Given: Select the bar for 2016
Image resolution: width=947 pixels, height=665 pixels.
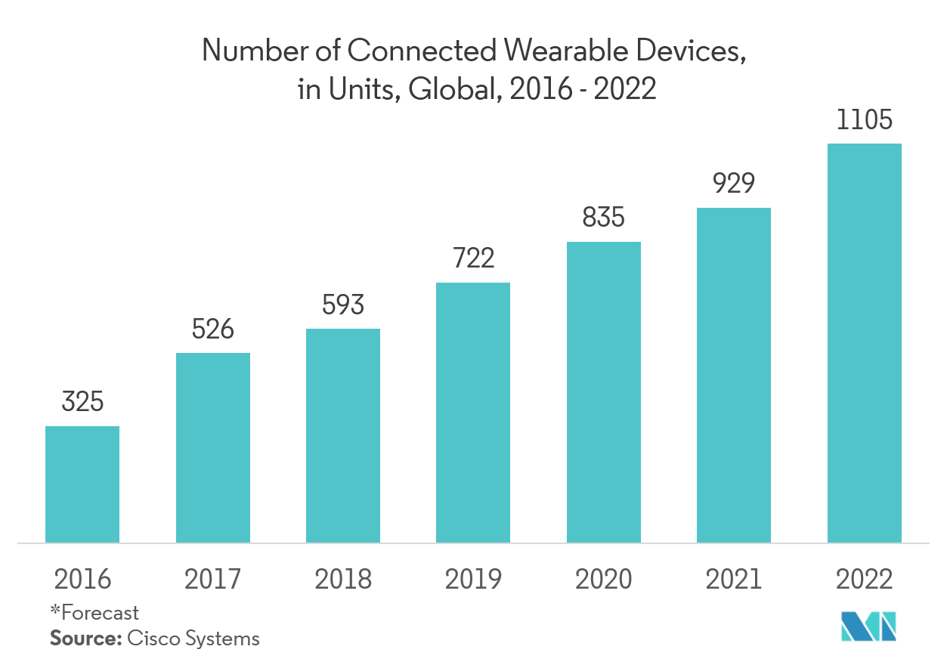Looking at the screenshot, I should (82, 484).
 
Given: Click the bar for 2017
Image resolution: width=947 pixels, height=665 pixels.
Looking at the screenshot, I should (213, 447).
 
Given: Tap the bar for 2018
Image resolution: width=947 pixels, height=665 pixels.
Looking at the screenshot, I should (343, 435).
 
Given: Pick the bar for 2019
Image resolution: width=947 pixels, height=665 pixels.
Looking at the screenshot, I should (473, 413).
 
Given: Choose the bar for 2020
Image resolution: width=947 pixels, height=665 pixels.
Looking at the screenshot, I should (604, 392).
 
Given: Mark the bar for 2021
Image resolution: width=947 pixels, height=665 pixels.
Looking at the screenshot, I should (734, 375).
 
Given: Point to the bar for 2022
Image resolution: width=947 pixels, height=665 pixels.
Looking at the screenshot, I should (865, 343).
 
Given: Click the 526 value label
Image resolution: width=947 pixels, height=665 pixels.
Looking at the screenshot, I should (213, 329).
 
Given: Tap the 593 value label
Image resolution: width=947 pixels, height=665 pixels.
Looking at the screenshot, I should (343, 305).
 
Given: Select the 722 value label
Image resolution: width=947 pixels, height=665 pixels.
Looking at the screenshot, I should (473, 259).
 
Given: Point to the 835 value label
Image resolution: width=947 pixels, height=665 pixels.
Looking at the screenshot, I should (604, 218).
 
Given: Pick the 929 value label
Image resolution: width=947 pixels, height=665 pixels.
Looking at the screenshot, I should (734, 184).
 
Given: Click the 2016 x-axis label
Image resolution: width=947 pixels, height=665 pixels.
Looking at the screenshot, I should (82, 580).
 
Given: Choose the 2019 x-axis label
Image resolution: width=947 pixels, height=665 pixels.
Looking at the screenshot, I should (473, 580).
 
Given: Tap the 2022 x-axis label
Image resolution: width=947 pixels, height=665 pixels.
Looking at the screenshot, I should (865, 580).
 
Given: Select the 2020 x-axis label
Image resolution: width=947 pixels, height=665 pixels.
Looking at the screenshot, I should (604, 580).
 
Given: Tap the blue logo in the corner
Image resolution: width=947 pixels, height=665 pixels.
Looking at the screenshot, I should (869, 626).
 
